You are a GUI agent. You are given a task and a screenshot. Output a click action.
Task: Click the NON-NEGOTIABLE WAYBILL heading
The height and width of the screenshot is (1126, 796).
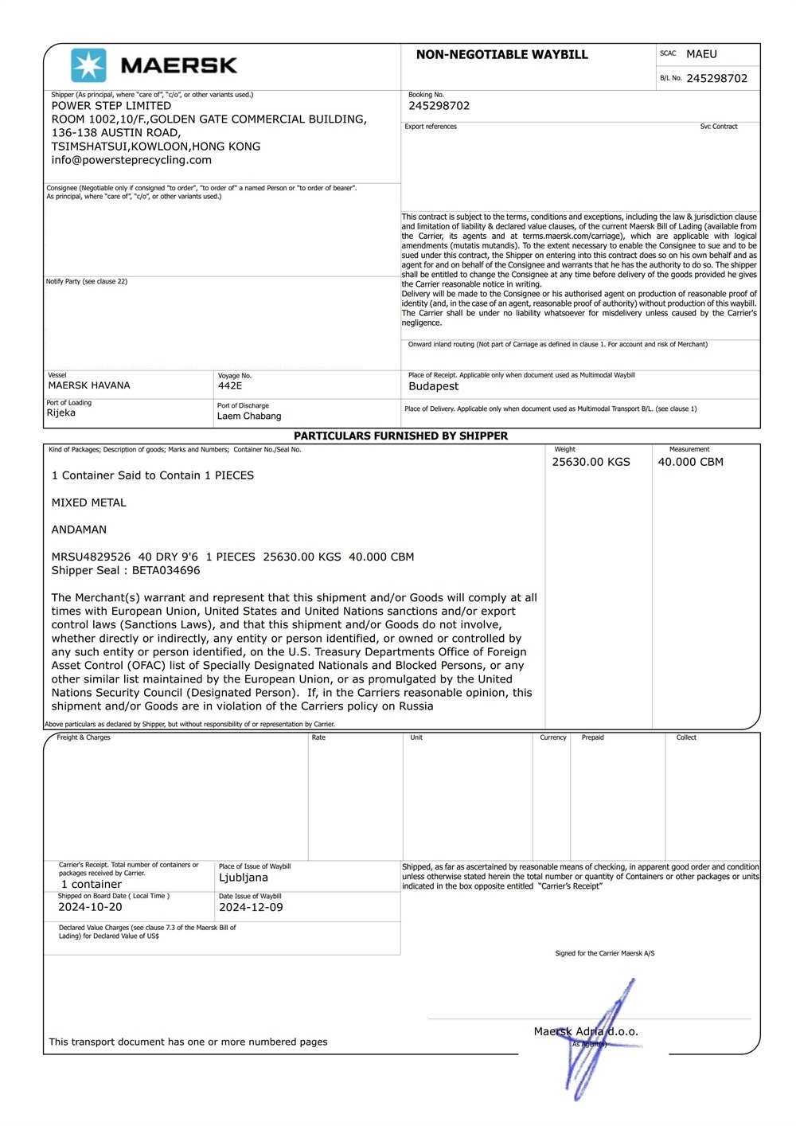(501, 55)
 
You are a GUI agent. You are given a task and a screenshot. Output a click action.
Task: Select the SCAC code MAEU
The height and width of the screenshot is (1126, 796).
(701, 54)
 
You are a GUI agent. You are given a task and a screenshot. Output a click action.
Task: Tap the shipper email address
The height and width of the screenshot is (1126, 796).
(131, 160)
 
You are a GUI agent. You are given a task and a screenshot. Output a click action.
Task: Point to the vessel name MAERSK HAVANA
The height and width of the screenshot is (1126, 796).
(89, 385)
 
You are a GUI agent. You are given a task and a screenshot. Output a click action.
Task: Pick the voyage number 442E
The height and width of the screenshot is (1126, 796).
(230, 386)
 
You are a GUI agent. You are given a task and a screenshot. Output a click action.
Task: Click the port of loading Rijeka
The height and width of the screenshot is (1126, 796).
(61, 412)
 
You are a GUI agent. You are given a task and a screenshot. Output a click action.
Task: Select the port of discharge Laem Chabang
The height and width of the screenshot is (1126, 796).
(249, 416)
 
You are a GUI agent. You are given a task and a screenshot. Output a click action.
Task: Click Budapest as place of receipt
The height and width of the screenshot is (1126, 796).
(433, 386)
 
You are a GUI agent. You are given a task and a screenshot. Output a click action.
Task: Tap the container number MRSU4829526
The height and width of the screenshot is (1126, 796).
(91, 557)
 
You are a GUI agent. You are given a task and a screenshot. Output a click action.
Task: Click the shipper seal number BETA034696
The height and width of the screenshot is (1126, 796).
(166, 570)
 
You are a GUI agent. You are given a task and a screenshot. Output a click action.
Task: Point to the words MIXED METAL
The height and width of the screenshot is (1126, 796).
(88, 502)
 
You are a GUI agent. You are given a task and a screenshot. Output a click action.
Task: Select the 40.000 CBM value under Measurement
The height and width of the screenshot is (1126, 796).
(690, 462)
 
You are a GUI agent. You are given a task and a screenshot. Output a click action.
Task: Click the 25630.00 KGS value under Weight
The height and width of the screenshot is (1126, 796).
(591, 462)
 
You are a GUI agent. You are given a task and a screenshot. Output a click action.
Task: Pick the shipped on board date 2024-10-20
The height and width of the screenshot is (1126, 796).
(90, 907)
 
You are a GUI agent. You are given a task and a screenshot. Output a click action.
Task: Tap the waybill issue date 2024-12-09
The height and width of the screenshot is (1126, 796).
(251, 907)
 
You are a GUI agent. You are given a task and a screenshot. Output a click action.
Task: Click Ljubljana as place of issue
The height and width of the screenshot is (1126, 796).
(244, 878)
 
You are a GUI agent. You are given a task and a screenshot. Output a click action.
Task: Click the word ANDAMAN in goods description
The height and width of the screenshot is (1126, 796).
(79, 530)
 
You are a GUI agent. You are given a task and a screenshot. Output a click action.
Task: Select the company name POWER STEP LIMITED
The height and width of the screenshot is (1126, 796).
(111, 106)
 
